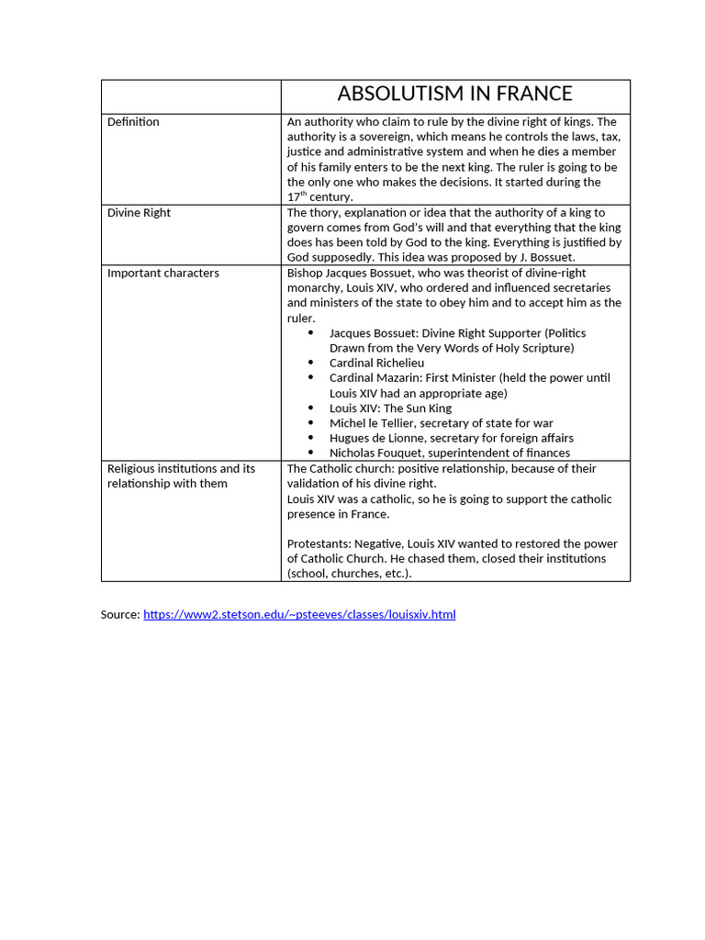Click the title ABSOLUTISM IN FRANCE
pyautogui.click(x=454, y=94)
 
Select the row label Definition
pyautogui.click(x=133, y=122)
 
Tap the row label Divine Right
pyautogui.click(x=139, y=213)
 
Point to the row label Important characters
pyautogui.click(x=163, y=273)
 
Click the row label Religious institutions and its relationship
pyautogui.click(x=181, y=476)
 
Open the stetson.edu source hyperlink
pyautogui.click(x=299, y=614)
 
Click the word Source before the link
pyautogui.click(x=119, y=614)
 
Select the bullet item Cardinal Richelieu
pyautogui.click(x=376, y=363)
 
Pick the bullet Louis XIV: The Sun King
pyautogui.click(x=390, y=408)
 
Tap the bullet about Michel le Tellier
pyautogui.click(x=441, y=423)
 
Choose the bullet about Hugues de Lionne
pyautogui.click(x=451, y=438)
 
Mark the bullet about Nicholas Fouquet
pyautogui.click(x=449, y=453)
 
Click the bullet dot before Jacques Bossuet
pyautogui.click(x=311, y=333)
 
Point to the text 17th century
pyautogui.click(x=319, y=196)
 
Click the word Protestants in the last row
pyautogui.click(x=318, y=543)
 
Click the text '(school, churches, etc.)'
pyautogui.click(x=349, y=574)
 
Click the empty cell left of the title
pyautogui.click(x=190, y=96)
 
